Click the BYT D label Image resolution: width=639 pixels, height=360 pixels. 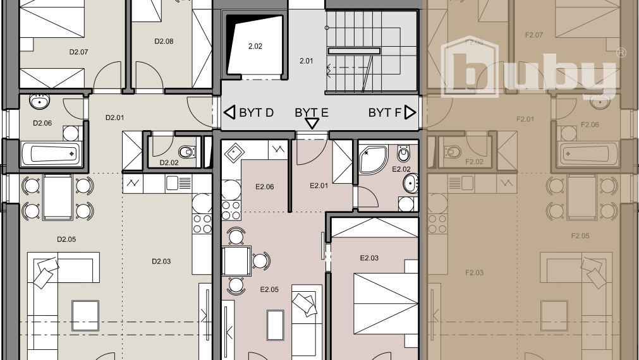[x=256, y=113]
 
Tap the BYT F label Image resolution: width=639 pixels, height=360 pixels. [x=385, y=113]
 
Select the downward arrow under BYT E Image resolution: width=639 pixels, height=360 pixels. [x=312, y=124]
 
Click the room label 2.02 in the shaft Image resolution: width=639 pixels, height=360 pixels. [x=255, y=46]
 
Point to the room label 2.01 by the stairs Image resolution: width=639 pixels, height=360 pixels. [x=307, y=61]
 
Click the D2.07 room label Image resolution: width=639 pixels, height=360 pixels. [x=78, y=52]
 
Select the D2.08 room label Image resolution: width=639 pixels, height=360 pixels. [x=164, y=42]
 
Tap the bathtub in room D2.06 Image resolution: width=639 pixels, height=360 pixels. [x=51, y=152]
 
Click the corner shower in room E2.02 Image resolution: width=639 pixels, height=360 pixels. [x=374, y=158]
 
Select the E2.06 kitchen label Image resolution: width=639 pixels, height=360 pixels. [x=264, y=187]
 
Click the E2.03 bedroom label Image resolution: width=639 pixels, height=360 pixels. [x=369, y=258]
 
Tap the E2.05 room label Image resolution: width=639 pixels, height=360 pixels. [x=269, y=290]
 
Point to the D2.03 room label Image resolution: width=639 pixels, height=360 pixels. [x=162, y=261]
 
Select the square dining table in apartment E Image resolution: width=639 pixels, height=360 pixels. [x=236, y=260]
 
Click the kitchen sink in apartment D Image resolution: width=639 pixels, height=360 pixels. [x=178, y=183]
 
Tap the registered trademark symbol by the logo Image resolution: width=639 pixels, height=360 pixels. [x=621, y=53]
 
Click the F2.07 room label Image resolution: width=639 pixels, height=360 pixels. [x=534, y=35]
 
